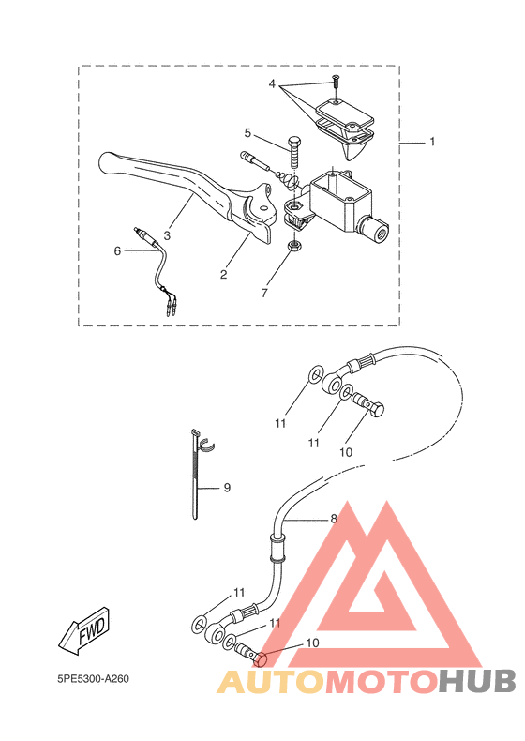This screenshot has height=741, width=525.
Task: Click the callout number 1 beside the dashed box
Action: (432, 142)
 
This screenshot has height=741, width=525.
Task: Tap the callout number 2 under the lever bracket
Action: (223, 274)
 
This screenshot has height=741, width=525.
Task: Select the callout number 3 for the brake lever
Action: (167, 234)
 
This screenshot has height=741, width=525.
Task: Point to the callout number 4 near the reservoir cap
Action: (272, 84)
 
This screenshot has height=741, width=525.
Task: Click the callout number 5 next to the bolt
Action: (247, 133)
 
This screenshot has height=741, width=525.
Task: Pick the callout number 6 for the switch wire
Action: (117, 251)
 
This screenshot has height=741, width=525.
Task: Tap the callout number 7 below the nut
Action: (264, 293)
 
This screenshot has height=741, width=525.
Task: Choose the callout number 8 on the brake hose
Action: (334, 519)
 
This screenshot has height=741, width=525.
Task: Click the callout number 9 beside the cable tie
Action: (227, 487)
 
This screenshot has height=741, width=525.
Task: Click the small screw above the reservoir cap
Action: (336, 82)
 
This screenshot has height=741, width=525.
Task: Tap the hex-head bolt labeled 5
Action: (294, 152)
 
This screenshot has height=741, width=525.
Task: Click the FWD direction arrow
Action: (84, 630)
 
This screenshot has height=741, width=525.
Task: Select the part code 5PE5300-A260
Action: (93, 679)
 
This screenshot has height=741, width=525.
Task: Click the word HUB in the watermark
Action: (477, 681)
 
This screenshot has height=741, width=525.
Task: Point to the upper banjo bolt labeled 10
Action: (368, 405)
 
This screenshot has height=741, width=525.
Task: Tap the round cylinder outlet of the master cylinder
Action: (373, 230)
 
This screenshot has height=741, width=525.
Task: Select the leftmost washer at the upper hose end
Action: (315, 374)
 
